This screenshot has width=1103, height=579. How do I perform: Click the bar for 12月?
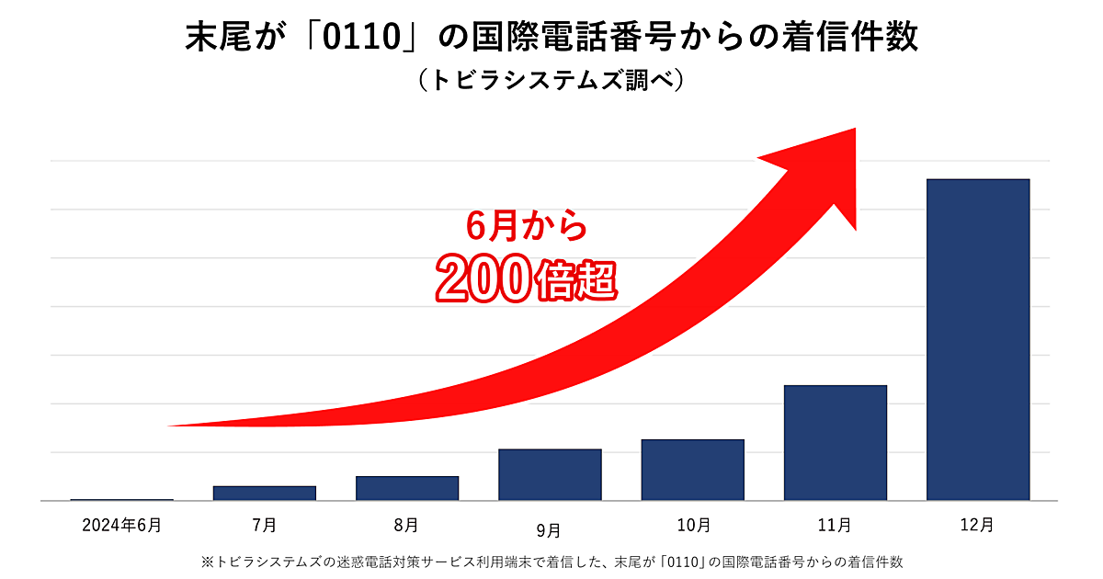978,340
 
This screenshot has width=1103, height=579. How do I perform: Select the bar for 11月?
836,443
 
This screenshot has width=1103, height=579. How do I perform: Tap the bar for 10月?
693,470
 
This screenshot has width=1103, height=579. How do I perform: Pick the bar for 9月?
550,474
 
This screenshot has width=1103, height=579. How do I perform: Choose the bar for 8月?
407,488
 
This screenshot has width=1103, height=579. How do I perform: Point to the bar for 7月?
265,494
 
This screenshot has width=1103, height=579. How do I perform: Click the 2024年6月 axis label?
121,526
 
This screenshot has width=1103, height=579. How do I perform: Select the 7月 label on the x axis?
265,526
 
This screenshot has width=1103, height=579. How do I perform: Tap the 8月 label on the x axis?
406,526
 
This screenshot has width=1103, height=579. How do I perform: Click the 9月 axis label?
549,529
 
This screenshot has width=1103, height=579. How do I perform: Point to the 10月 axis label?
693,526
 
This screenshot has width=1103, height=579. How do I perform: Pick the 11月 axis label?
836,526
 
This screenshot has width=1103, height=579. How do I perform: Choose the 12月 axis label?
978,526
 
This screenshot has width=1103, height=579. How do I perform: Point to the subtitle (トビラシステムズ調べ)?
551,81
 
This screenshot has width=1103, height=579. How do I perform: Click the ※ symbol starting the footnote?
206,560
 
